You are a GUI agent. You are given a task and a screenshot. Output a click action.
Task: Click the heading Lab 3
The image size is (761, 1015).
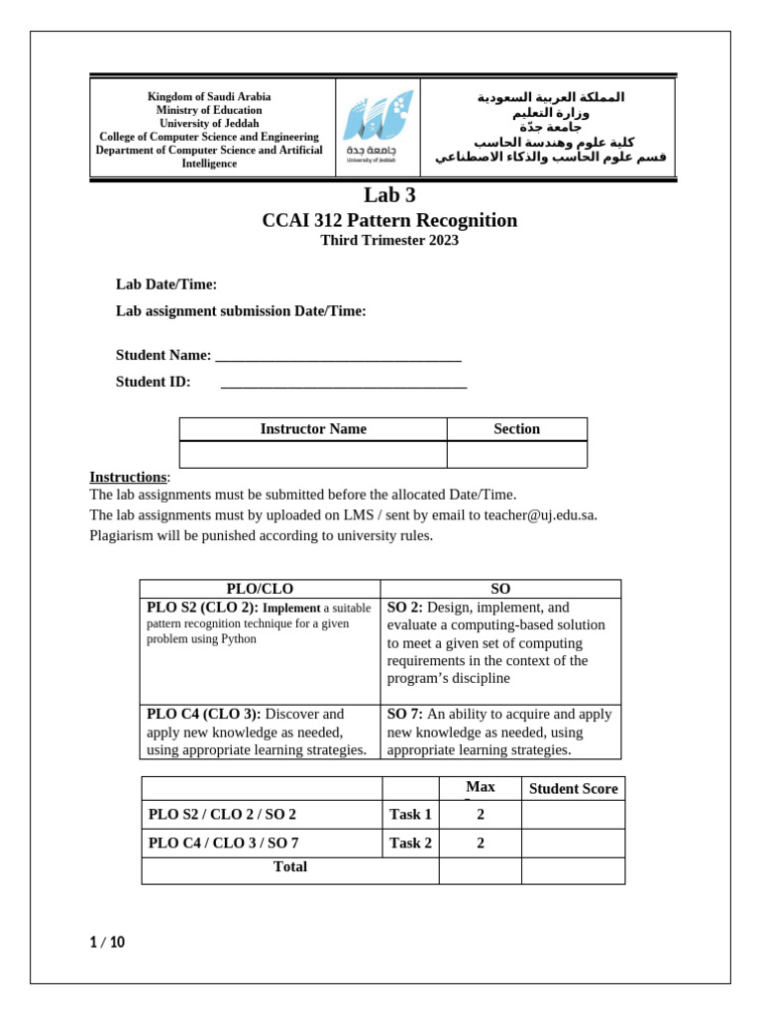click(388, 195)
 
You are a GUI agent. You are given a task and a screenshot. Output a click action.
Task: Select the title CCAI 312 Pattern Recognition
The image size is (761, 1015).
click(388, 220)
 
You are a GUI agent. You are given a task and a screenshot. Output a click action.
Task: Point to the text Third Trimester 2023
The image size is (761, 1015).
click(388, 241)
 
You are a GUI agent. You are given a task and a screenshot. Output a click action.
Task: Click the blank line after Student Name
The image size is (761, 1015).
click(338, 357)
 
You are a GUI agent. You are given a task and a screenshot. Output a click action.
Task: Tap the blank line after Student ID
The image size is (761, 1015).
click(343, 384)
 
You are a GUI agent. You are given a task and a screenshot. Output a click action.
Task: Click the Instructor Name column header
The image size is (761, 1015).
click(313, 429)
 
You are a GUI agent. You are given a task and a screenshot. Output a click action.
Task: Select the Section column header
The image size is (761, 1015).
click(516, 429)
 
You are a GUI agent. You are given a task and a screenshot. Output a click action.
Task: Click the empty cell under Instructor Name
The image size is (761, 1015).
click(313, 455)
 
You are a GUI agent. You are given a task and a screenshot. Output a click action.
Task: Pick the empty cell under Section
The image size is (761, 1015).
click(516, 455)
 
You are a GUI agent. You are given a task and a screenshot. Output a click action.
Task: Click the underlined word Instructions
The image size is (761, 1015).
click(128, 477)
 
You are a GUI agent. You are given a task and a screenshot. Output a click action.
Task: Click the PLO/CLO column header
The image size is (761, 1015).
click(260, 589)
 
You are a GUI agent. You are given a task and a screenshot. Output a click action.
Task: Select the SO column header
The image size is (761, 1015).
click(500, 589)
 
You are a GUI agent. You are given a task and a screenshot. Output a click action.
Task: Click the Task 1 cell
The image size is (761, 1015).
click(410, 815)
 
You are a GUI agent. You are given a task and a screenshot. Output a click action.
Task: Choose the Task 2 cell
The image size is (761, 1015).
click(410, 844)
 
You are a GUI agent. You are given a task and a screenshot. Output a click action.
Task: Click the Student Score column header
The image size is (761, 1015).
click(573, 789)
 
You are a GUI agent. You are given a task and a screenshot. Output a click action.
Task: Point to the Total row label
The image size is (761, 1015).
click(289, 867)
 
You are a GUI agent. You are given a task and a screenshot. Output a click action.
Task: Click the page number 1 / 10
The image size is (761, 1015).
click(107, 943)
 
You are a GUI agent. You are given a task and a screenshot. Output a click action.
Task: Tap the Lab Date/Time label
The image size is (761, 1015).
click(166, 284)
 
